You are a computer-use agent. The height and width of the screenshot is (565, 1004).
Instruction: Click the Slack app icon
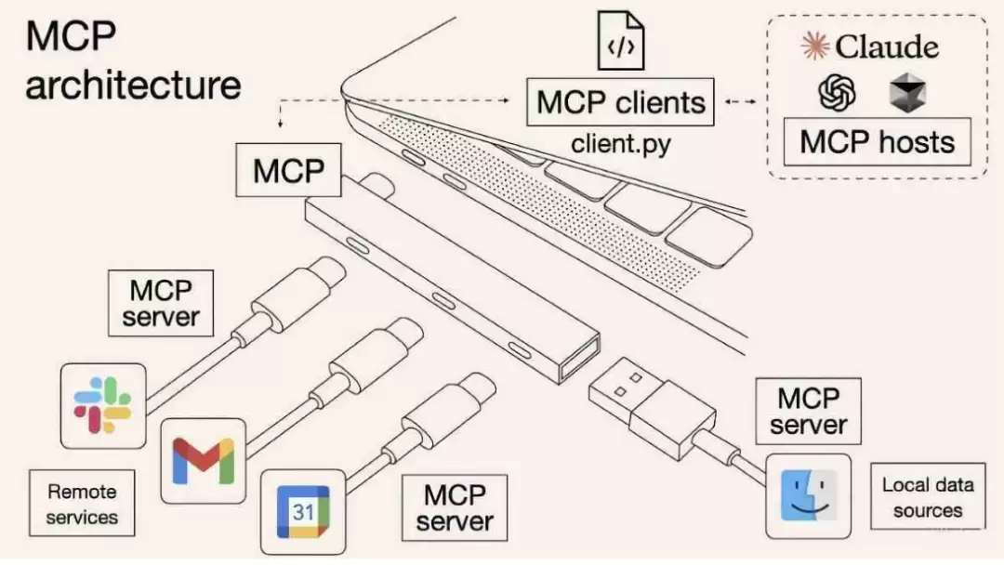point(103,406)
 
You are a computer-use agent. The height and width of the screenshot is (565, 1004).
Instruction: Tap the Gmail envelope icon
point(204,461)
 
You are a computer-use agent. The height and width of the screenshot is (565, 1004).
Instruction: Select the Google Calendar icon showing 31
point(303,512)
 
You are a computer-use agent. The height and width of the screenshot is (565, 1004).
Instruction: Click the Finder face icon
point(809,496)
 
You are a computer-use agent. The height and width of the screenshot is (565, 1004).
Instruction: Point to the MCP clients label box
point(620,102)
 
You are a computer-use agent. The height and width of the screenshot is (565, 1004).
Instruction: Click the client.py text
point(620,143)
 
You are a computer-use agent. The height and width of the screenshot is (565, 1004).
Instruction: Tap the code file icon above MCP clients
point(620,40)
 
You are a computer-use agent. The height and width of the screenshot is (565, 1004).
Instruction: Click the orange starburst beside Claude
point(815,46)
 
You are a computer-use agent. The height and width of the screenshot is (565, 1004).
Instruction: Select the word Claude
point(887,46)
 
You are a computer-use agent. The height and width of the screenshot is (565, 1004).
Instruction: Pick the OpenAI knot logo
point(837,93)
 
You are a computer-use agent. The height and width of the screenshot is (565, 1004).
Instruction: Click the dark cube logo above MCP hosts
point(908,93)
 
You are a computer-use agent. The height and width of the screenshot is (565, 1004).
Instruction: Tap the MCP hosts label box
point(878,141)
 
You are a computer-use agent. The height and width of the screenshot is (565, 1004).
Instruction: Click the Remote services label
point(82,504)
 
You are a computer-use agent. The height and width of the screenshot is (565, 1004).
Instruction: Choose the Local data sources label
point(928,496)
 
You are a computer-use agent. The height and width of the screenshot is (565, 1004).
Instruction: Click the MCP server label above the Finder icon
point(808,412)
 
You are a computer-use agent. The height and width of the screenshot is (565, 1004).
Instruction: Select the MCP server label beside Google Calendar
point(455,507)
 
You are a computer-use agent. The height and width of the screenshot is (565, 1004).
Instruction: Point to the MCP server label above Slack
point(161,303)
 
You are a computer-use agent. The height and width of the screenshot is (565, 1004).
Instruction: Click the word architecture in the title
point(133,85)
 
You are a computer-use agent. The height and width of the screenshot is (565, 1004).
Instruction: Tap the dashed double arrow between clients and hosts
point(741,101)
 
